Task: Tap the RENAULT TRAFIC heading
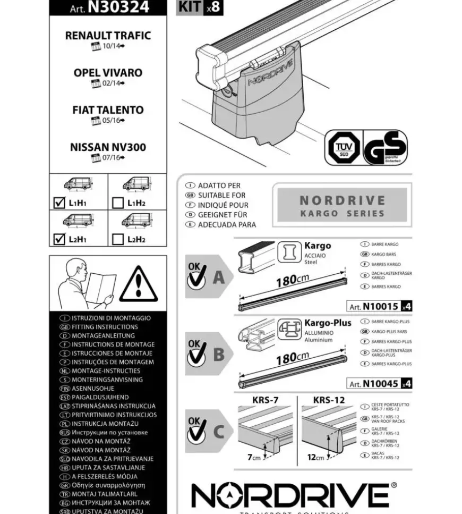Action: point(108,36)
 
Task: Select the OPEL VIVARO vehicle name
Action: point(108,73)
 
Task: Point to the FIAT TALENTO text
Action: point(108,110)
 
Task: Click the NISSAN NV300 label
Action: point(108,147)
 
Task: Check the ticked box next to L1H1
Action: point(59,203)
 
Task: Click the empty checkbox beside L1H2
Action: point(118,203)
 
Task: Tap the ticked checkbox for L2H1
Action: point(59,239)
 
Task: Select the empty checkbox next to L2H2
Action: point(118,239)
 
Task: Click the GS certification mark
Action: point(385,147)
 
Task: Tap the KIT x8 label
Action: point(199,7)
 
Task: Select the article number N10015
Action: point(380,306)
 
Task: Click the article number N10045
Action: point(380,383)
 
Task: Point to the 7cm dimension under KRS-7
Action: point(254,457)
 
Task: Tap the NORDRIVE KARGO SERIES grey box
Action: point(342,206)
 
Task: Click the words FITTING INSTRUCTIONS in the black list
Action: point(105,327)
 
